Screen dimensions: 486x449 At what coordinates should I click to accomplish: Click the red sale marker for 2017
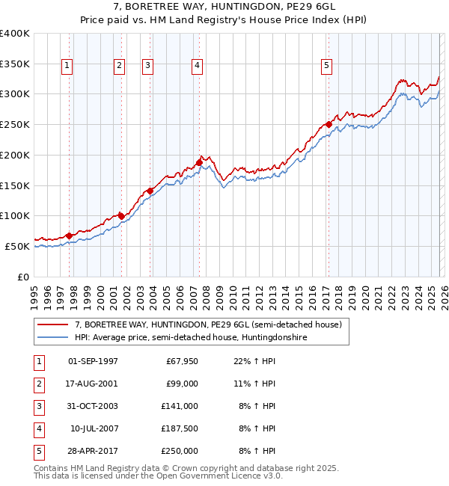(329, 124)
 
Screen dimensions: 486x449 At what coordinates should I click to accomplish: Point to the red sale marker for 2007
(199, 162)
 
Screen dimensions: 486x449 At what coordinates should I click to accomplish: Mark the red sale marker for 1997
(69, 236)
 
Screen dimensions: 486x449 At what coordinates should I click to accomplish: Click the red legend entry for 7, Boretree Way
(208, 324)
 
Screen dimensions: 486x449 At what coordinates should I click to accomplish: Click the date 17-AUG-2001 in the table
(93, 384)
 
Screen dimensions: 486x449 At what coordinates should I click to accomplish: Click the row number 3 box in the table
(37, 406)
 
